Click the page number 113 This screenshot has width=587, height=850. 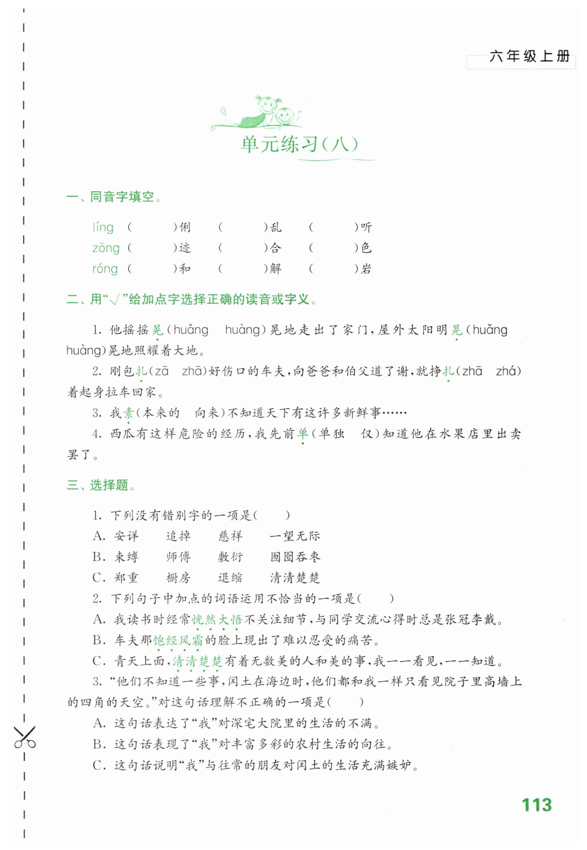[537, 805]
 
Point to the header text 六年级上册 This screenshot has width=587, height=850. [529, 57]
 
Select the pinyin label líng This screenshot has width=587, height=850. [103, 227]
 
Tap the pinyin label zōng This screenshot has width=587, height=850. [106, 248]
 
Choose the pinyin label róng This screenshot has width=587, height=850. [105, 269]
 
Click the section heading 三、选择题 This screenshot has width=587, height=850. [101, 485]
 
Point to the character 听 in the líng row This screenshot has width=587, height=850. [366, 227]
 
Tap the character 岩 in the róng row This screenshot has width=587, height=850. [366, 269]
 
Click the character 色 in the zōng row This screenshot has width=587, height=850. [366, 248]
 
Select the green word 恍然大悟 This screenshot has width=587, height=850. [217, 619]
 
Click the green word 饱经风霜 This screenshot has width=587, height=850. [178, 640]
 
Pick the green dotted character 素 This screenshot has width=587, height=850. [129, 413]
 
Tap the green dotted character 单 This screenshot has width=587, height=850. [303, 434]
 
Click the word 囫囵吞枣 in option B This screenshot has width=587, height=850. [295, 557]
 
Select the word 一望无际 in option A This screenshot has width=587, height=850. [295, 536]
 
